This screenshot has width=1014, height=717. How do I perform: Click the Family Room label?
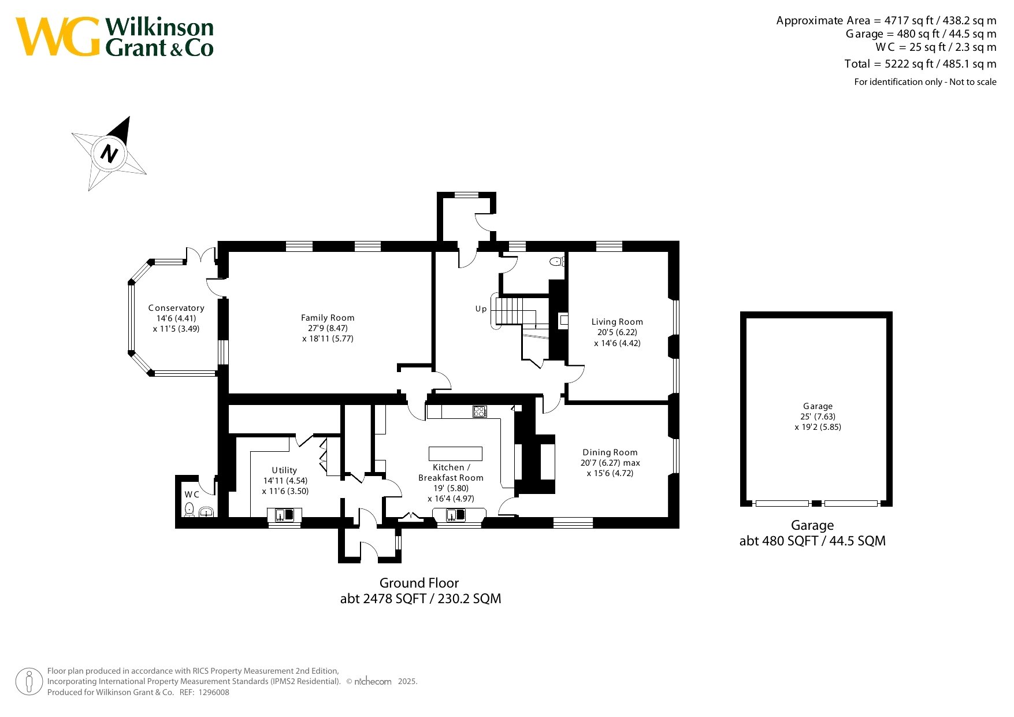coord(328,318)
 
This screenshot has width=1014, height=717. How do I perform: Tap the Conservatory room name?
coord(176,308)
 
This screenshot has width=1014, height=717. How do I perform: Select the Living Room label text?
coord(617,322)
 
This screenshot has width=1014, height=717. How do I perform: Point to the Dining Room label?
coord(610,452)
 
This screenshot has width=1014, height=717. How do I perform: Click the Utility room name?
coord(285,470)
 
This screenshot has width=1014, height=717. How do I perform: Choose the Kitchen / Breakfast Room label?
coord(451,473)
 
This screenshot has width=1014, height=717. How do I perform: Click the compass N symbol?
coord(109,154)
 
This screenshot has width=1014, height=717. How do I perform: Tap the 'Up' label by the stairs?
coord(481,309)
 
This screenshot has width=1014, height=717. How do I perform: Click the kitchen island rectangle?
coord(455,454)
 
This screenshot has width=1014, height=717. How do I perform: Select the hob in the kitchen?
coord(480,411)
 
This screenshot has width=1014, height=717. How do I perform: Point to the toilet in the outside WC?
coord(189,510)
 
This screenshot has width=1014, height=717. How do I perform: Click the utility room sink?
coord(284,515)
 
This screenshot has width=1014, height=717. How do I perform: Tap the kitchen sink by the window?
coord(455,515)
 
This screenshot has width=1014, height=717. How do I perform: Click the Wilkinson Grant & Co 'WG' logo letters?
coord(58,37)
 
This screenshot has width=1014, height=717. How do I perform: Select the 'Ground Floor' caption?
coord(419,583)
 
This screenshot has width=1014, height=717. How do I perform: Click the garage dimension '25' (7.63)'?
coord(818,417)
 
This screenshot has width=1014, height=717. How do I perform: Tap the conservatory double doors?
coord(200,254)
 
